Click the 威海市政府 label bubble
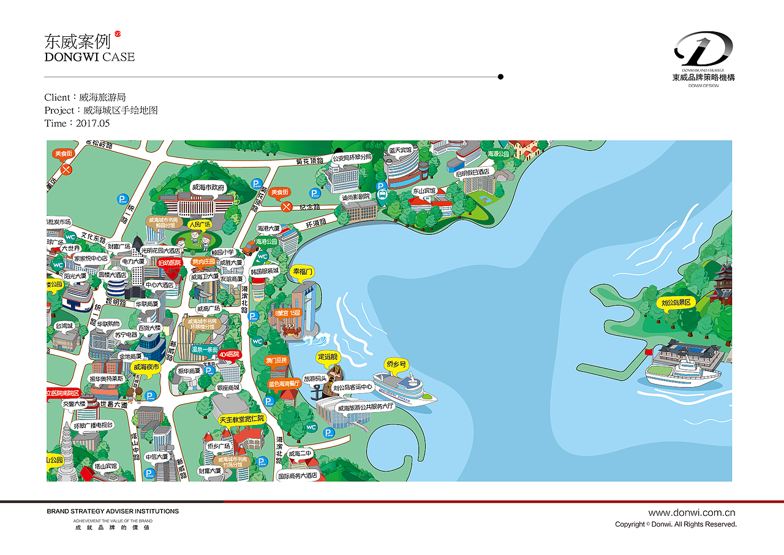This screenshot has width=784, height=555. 209,187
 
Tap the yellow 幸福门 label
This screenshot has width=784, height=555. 303,271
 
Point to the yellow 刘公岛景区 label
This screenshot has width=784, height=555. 676,303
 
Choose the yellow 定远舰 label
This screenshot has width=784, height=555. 327,356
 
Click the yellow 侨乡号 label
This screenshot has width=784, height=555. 396,364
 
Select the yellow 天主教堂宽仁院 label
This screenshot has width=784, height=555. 241,419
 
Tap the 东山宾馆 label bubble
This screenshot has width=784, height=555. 423,191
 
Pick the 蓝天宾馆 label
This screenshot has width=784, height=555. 399,150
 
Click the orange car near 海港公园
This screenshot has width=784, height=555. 249,248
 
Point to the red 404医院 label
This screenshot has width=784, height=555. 229,354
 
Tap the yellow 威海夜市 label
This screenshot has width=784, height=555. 145,367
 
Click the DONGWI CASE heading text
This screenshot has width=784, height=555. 89,57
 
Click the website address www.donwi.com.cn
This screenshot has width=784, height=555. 692,513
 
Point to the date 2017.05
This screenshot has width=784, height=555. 92,123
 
